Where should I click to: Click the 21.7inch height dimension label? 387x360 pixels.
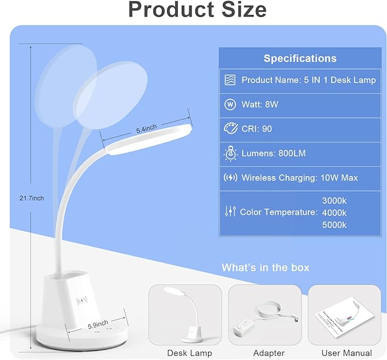[x=31, y=198]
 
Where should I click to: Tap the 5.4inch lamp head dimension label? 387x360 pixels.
[x=146, y=129]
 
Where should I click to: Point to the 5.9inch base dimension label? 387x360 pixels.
[x=98, y=324]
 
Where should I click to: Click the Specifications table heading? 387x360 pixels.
[x=300, y=59]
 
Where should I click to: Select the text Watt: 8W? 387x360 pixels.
[x=260, y=104]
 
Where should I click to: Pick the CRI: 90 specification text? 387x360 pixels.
[x=256, y=129]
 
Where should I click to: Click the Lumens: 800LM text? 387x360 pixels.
[x=274, y=153]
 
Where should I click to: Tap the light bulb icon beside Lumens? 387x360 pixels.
[x=230, y=153]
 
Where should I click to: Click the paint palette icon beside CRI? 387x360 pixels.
[x=230, y=128]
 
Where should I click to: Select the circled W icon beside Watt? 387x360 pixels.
[x=230, y=104]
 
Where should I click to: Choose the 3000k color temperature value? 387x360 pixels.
[x=334, y=201]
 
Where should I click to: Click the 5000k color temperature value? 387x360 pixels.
[x=334, y=225]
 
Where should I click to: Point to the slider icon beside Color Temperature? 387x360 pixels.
[x=230, y=211]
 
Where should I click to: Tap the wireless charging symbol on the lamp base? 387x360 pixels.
[x=82, y=301]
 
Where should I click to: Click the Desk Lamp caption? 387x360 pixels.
[x=190, y=353]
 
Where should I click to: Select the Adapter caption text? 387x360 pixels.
[x=269, y=353]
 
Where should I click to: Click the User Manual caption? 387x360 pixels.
[x=347, y=353]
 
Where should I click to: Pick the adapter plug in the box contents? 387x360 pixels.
[x=244, y=326]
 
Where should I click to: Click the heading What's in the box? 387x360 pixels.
[x=266, y=268]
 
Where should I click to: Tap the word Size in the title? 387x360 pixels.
[x=245, y=9]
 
